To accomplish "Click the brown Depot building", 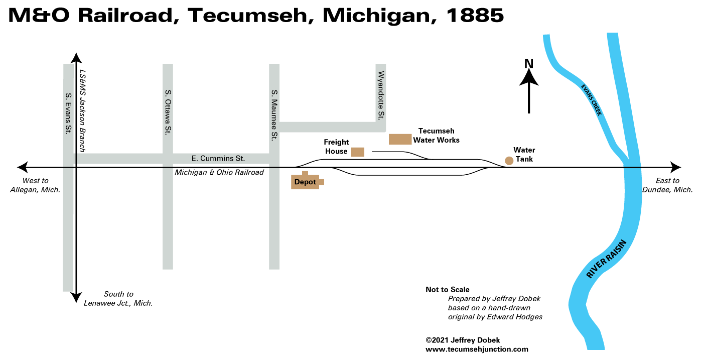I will [x=305, y=182].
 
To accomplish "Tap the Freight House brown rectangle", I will [x=357, y=152].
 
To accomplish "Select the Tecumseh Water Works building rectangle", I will [x=400, y=139].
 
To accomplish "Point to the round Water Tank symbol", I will [x=509, y=161].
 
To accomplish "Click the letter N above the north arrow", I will [x=528, y=64].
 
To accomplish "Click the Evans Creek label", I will [x=591, y=100].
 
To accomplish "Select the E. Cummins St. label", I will [x=218, y=159].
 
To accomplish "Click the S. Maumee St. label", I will [x=274, y=114].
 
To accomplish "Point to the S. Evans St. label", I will [x=69, y=113].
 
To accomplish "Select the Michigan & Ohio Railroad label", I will [x=219, y=173].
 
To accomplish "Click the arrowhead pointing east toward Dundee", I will [x=676, y=167].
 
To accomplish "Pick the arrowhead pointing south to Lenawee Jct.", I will [x=76, y=298].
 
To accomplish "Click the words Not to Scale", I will [x=448, y=290].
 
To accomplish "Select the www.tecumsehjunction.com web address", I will [x=477, y=349].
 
